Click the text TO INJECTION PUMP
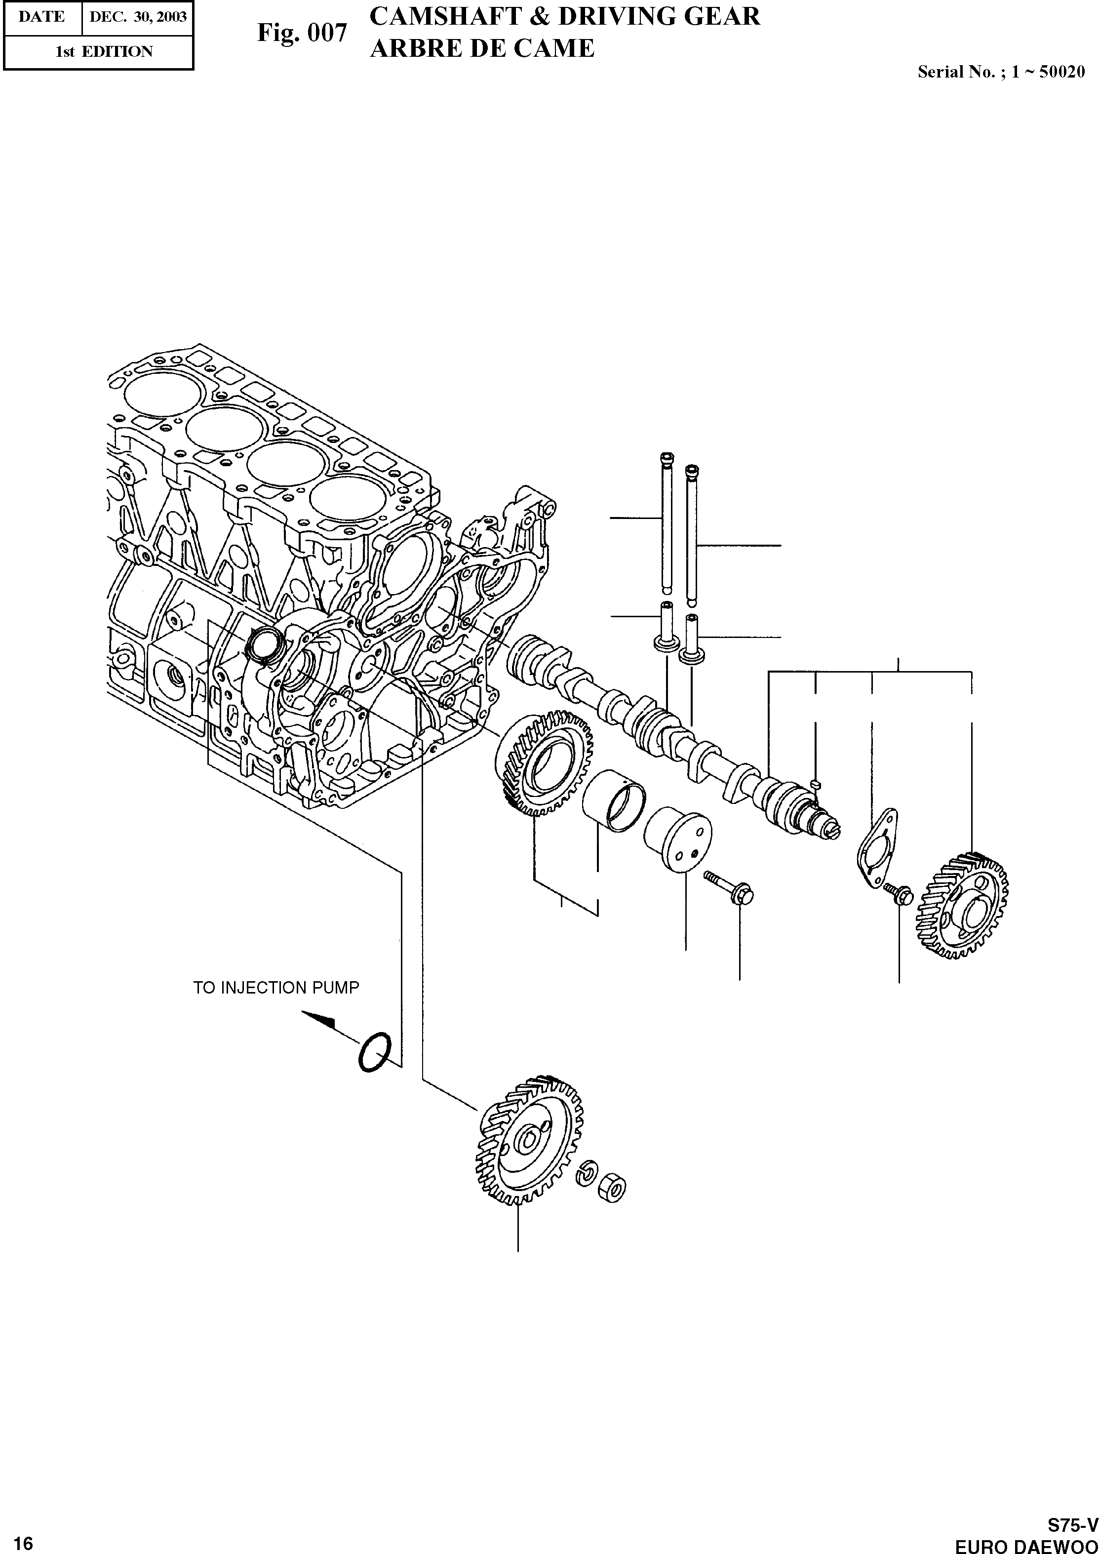276,988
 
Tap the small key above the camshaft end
817,784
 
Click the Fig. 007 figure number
302,33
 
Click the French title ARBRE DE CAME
482,49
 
